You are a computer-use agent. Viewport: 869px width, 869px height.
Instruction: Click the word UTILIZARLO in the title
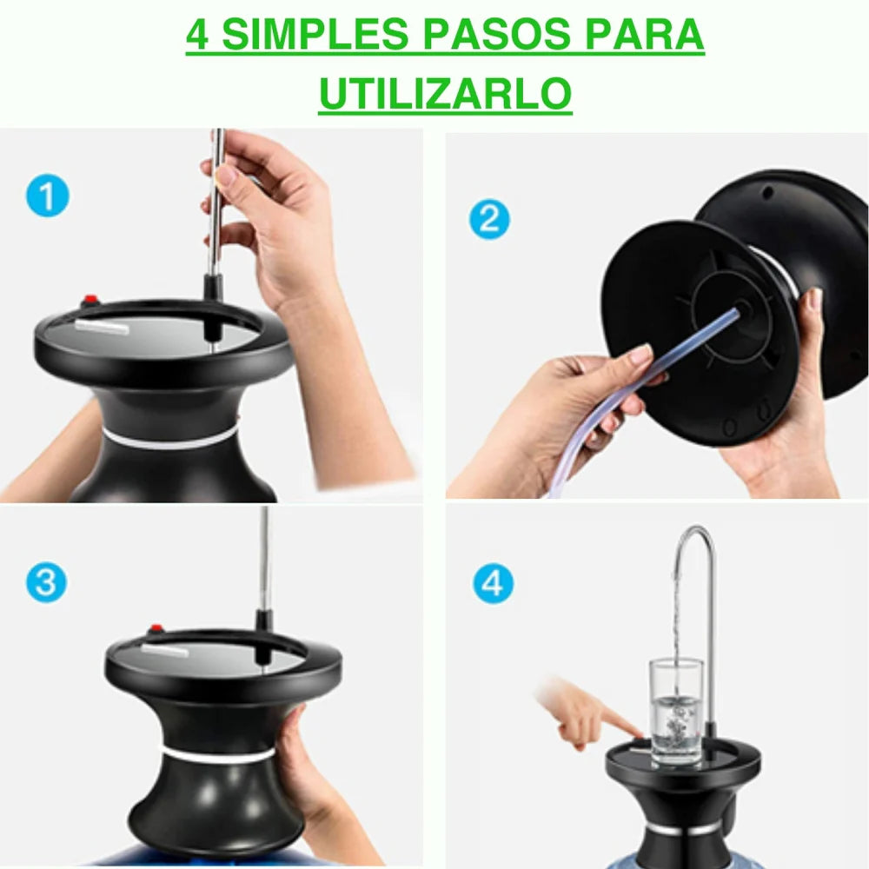tap(445, 94)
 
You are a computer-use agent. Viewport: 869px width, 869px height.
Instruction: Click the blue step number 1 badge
tap(47, 196)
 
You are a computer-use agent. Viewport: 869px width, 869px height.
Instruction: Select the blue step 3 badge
tap(46, 581)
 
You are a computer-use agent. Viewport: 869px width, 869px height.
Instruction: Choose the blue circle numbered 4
tap(493, 582)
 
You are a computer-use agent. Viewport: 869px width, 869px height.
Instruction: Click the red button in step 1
tap(89, 302)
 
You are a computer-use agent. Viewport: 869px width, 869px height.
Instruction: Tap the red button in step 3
tap(157, 628)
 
